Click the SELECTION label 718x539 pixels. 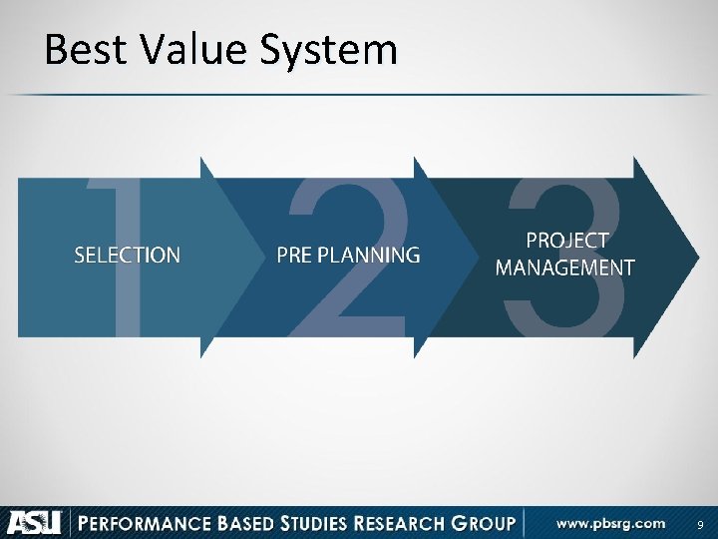(x=128, y=256)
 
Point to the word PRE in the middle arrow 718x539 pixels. (x=294, y=256)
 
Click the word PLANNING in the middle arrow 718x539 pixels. (x=368, y=256)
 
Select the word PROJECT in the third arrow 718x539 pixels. (x=566, y=241)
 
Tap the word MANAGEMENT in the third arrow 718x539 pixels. (x=565, y=268)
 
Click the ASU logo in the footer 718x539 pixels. (x=35, y=522)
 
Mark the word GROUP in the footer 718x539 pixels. (x=487, y=522)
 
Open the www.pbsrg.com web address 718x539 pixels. (x=610, y=522)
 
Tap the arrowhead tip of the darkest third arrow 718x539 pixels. (x=695, y=257)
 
